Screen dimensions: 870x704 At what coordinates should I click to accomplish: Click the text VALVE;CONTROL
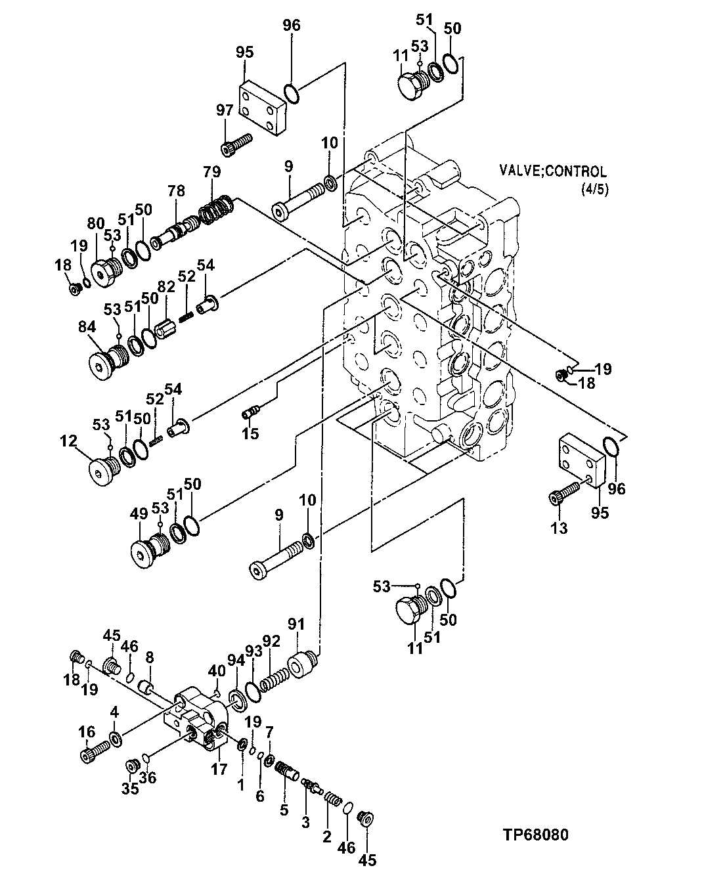tap(552, 171)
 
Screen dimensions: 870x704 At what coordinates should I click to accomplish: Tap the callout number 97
tap(225, 110)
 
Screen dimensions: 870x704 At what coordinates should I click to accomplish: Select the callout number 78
tap(175, 191)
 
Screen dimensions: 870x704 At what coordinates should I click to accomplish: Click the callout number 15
tap(250, 433)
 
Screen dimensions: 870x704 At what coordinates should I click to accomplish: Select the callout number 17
tap(219, 768)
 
